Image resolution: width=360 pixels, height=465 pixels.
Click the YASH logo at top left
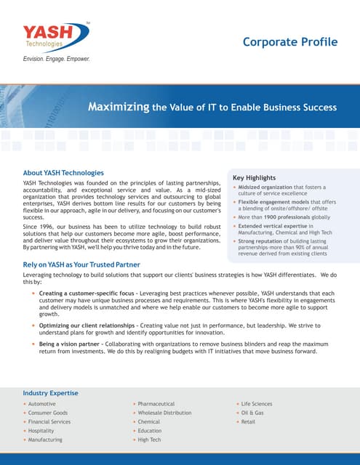[57, 36]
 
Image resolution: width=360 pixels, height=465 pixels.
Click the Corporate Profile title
[290, 41]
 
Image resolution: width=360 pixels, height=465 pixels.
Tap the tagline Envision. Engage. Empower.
[57, 58]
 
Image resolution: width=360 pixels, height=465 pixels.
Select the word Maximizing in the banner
[119, 108]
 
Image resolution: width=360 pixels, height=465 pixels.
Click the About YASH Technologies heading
[64, 172]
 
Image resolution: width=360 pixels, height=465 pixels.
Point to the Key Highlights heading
[254, 177]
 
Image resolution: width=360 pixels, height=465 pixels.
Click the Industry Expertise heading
[50, 393]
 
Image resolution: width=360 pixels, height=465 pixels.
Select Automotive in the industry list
[42, 403]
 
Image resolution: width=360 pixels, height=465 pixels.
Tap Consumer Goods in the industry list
[48, 413]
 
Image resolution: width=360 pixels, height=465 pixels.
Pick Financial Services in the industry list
[49, 421]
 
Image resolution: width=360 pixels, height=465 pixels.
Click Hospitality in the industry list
[42, 431]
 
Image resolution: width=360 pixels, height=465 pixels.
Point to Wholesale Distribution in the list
[164, 413]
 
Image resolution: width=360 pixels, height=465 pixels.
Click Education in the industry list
[149, 431]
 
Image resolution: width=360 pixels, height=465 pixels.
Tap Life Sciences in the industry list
[257, 403]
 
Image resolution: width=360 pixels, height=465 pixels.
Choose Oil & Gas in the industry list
[252, 413]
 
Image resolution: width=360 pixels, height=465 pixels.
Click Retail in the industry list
[248, 421]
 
